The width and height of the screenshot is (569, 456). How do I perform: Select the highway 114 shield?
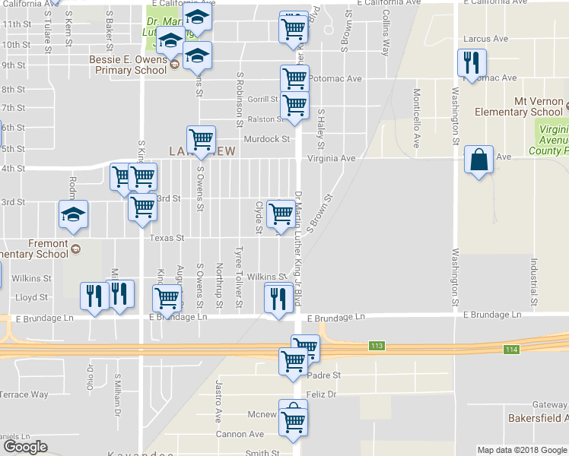[510, 349]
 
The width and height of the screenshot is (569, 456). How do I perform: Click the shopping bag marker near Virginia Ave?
[478, 160]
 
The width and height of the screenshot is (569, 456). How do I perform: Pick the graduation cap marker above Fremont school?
[73, 216]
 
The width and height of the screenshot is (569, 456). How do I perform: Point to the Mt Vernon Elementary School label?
[518, 107]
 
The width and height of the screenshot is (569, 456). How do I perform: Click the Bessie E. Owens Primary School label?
[126, 65]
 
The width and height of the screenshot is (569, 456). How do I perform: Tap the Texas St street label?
[167, 238]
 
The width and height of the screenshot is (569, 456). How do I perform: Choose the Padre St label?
[325, 375]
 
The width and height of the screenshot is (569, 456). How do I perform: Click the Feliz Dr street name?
[323, 395]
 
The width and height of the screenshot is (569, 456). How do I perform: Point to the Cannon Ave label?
[241, 435]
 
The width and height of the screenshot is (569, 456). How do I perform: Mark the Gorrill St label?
[263, 100]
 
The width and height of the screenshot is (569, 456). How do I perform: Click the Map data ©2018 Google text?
[521, 450]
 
